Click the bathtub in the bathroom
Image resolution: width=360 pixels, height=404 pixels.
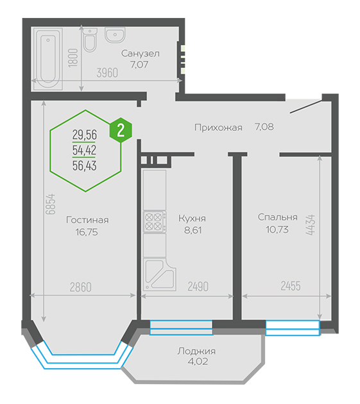(48, 59)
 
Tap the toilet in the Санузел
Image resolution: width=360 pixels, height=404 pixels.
(90, 40)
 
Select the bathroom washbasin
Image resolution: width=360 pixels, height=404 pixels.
(115, 35)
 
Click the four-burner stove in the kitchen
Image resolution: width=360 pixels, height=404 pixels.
(155, 221)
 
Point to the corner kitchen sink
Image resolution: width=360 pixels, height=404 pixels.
(160, 275)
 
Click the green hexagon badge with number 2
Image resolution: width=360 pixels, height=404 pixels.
(121, 131)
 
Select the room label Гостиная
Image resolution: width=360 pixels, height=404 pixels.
(87, 220)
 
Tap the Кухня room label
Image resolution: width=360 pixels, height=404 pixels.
(192, 219)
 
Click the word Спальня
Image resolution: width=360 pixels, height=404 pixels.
(277, 217)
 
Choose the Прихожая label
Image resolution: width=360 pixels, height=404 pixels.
(218, 128)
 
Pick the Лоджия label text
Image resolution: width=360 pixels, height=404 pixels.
(196, 351)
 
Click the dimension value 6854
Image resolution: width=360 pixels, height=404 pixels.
(51, 204)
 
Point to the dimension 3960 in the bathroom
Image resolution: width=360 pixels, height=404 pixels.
(107, 73)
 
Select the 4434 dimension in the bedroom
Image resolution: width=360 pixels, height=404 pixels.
(311, 225)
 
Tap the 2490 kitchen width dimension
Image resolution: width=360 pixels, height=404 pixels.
(198, 287)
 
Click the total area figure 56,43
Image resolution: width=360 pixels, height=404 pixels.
(85, 165)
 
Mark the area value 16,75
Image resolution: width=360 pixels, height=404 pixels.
(87, 232)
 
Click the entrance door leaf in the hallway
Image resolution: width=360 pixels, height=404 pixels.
(306, 106)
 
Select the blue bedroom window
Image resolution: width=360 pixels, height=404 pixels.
(293, 328)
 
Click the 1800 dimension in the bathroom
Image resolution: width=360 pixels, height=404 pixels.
(73, 58)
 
